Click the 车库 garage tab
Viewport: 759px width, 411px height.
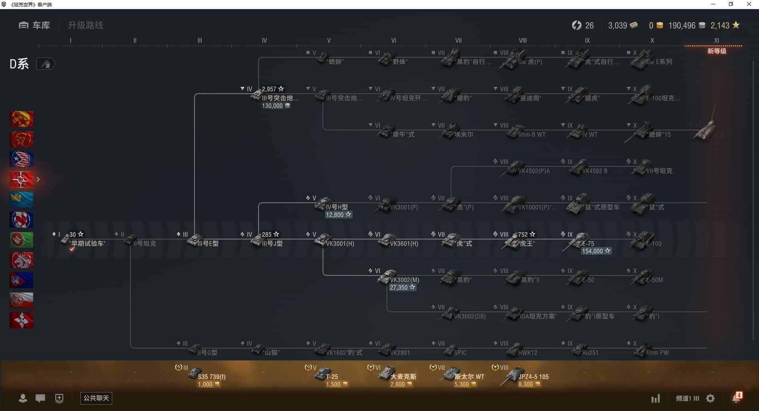[x=35, y=25]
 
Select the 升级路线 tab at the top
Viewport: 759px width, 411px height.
[x=85, y=25]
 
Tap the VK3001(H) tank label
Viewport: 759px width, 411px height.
[x=340, y=244]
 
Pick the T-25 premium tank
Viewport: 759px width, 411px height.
[x=331, y=377]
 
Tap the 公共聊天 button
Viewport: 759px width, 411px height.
[x=96, y=398]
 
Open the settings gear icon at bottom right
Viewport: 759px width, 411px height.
[x=710, y=398]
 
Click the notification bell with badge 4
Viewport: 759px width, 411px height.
[x=736, y=398]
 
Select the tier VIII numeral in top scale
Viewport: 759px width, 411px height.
[x=523, y=40]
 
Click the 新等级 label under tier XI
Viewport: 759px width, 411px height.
[x=717, y=51]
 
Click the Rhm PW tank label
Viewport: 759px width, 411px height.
[x=657, y=353]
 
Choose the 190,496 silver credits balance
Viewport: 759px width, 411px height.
[x=682, y=26]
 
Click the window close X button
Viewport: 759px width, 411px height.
[x=749, y=4]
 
